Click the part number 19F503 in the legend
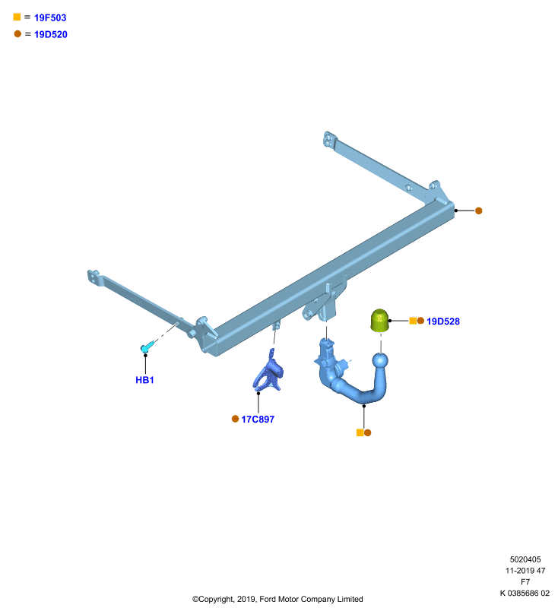50,17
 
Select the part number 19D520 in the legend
50,34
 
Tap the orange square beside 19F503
17,17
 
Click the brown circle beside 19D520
17,33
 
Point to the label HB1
144,380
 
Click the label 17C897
258,420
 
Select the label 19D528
443,321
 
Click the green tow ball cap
379,320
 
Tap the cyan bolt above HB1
147,347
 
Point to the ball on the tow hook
380,360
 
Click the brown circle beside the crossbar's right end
478,211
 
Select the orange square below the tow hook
360,432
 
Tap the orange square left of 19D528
413,321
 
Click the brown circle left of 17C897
235,419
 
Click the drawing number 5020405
525,559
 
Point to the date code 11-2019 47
525,571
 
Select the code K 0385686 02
525,593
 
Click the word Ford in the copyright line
268,599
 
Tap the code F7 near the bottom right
525,581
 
